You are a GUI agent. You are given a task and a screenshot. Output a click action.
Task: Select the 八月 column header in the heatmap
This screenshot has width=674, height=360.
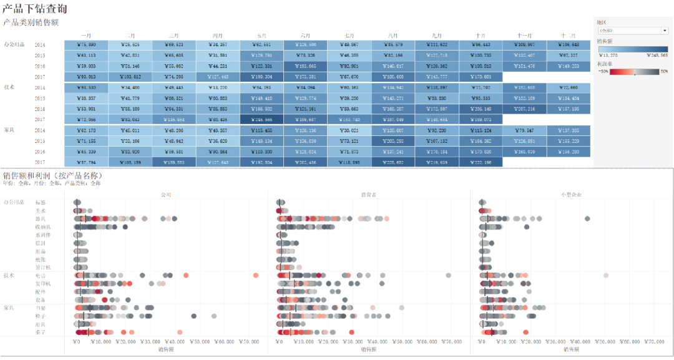pyautogui.click(x=393, y=36)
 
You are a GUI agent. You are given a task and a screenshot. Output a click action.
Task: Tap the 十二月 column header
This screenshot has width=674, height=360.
pyautogui.click(x=568, y=36)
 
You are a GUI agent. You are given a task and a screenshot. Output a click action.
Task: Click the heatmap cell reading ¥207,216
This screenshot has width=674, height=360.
pyautogui.click(x=524, y=109)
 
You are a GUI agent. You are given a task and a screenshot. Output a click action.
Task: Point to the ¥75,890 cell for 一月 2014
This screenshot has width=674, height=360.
pyautogui.click(x=86, y=45)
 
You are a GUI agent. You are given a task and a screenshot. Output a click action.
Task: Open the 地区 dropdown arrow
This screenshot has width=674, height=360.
pyautogui.click(x=665, y=30)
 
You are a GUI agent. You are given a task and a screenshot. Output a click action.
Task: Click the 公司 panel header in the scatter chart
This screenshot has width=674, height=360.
pyautogui.click(x=166, y=195)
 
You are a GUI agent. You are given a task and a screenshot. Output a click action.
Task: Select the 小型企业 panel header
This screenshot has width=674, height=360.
pyautogui.click(x=572, y=195)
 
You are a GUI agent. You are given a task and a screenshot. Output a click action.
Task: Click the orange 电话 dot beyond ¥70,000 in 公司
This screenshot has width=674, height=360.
pyautogui.click(x=256, y=275)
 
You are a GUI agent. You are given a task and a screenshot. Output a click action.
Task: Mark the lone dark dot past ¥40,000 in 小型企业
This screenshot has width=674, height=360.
pyautogui.click(x=587, y=218)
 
